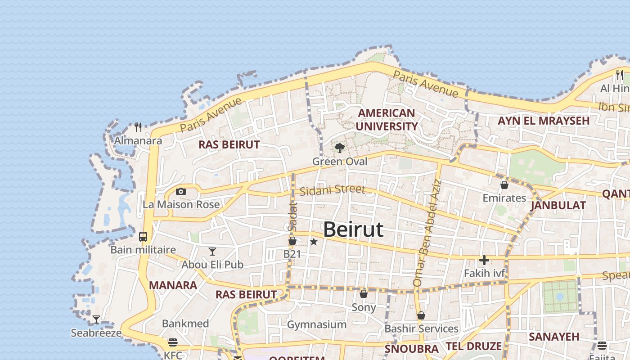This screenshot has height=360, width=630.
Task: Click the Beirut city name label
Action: click(353, 229)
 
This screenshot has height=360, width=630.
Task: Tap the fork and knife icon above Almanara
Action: click(138, 127)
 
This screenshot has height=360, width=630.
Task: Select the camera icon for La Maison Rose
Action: click(181, 192)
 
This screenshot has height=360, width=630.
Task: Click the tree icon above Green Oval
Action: click(340, 148)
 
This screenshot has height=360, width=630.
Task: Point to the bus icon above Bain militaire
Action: click(143, 237)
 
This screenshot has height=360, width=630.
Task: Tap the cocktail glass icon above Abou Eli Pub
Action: click(212, 252)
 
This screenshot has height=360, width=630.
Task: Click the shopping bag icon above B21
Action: click(292, 241)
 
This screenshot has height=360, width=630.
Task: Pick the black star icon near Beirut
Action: click(314, 242)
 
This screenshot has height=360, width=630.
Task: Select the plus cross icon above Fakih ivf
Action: click(484, 260)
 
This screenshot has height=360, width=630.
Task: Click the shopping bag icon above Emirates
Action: click(504, 185)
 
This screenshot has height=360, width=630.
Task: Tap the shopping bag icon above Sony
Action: click(364, 294)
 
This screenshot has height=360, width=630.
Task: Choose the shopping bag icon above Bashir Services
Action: click(421, 316)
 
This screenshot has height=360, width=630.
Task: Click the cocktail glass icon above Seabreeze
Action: click(96, 320)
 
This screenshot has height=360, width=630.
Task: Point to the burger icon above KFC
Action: click(173, 342)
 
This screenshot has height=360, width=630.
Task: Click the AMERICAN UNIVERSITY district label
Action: click(387, 120)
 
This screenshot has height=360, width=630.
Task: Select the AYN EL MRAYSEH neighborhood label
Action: click(543, 121)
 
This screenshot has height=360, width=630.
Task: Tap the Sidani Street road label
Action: click(332, 190)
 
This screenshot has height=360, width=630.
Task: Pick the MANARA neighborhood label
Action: click(173, 285)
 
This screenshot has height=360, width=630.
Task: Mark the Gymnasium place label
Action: click(317, 324)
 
